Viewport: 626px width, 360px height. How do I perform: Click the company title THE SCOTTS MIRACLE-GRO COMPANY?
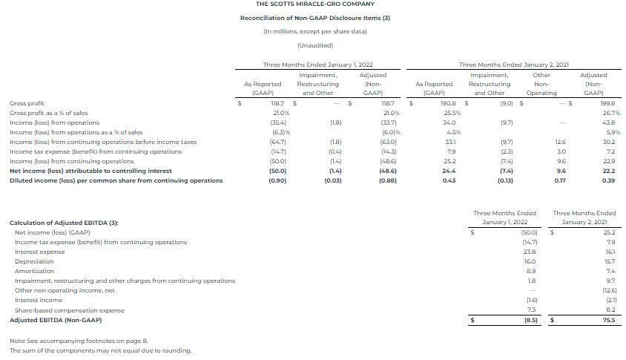pyautogui.click(x=314, y=4)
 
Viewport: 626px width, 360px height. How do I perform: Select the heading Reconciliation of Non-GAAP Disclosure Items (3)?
pyautogui.click(x=314, y=18)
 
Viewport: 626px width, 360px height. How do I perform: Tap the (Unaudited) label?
pyautogui.click(x=314, y=45)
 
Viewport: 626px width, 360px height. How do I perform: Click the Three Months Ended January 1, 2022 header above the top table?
pyautogui.click(x=317, y=65)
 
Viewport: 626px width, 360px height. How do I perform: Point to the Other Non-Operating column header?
pyautogui.click(x=541, y=84)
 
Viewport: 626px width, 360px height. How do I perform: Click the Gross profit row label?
pyautogui.click(x=27, y=103)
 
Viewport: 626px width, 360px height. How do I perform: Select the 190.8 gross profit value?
pyautogui.click(x=448, y=103)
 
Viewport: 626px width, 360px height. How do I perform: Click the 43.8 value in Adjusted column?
pyautogui.click(x=607, y=122)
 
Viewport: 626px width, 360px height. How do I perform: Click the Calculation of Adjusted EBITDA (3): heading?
pyautogui.click(x=64, y=223)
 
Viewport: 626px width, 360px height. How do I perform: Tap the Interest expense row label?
pyautogui.click(x=40, y=252)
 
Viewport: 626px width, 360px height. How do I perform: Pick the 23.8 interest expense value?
pyautogui.click(x=529, y=252)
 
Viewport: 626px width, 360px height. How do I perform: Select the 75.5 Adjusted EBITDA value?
pyautogui.click(x=607, y=320)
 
